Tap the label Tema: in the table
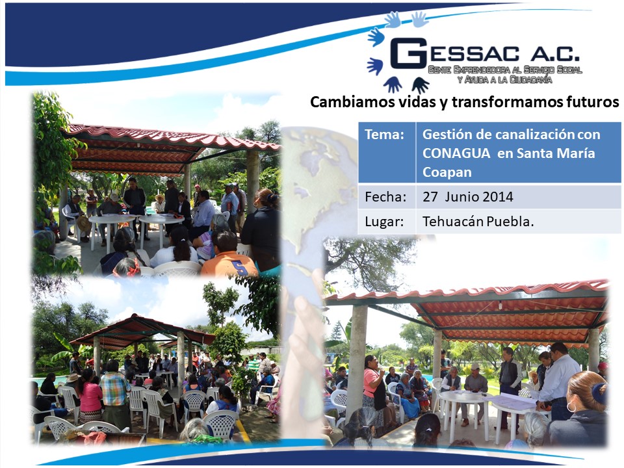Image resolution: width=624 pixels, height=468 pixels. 384,135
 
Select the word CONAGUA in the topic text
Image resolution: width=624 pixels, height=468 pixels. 456,153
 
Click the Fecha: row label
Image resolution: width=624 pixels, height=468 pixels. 385,196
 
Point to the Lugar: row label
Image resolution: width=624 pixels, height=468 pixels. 384,222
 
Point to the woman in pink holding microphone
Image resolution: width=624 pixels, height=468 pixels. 374,388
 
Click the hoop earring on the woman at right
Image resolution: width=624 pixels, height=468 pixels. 571,407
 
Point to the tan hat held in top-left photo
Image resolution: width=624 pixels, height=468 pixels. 84,224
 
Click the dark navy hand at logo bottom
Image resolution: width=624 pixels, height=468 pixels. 421,84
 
